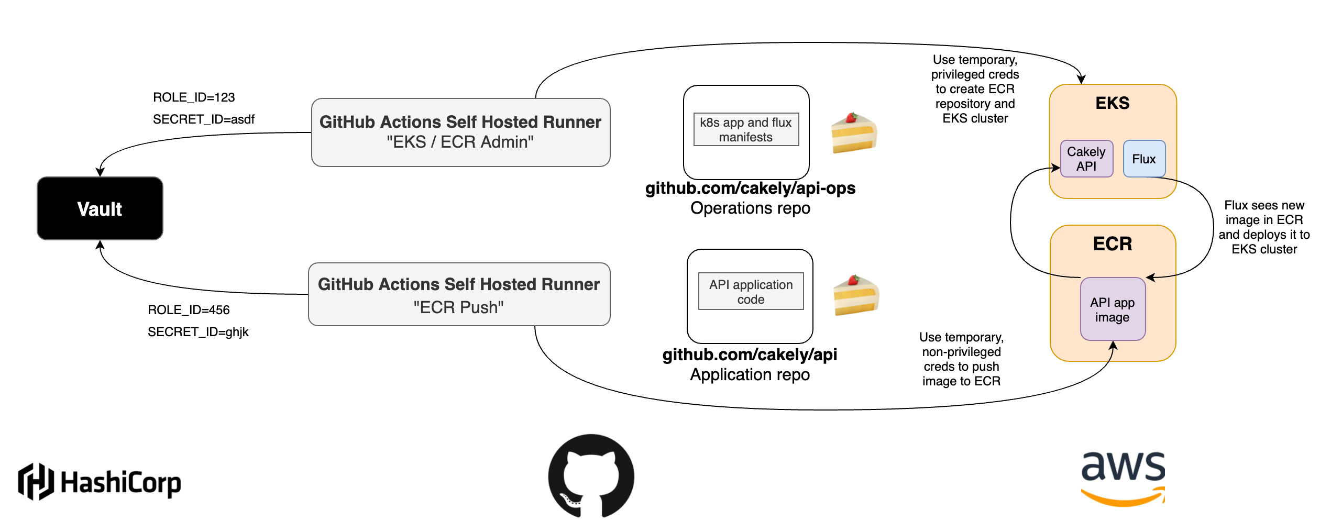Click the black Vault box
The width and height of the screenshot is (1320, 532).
click(100, 208)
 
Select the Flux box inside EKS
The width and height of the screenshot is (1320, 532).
click(1143, 159)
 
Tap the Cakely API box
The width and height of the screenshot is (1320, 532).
click(1086, 159)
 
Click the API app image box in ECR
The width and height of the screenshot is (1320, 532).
click(1112, 309)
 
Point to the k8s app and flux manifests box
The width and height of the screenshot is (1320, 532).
click(745, 129)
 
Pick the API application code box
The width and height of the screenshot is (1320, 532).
click(750, 292)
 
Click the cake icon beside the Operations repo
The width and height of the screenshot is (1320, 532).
click(854, 133)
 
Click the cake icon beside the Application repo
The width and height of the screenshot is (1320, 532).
click(856, 295)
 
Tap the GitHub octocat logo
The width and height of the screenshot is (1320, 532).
click(591, 475)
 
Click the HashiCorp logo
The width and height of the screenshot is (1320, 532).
click(100, 482)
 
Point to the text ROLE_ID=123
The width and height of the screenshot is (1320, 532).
click(193, 97)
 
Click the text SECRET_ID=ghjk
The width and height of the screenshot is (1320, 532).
click(197, 332)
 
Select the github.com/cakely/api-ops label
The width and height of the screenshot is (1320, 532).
click(750, 188)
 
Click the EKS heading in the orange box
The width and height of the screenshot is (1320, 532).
click(1112, 103)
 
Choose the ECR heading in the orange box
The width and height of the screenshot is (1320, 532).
click(1112, 243)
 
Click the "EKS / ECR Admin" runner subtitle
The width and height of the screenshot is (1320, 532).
click(460, 142)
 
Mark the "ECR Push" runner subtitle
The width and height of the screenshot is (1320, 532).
click(458, 307)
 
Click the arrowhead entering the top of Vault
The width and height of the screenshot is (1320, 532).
click(100, 172)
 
